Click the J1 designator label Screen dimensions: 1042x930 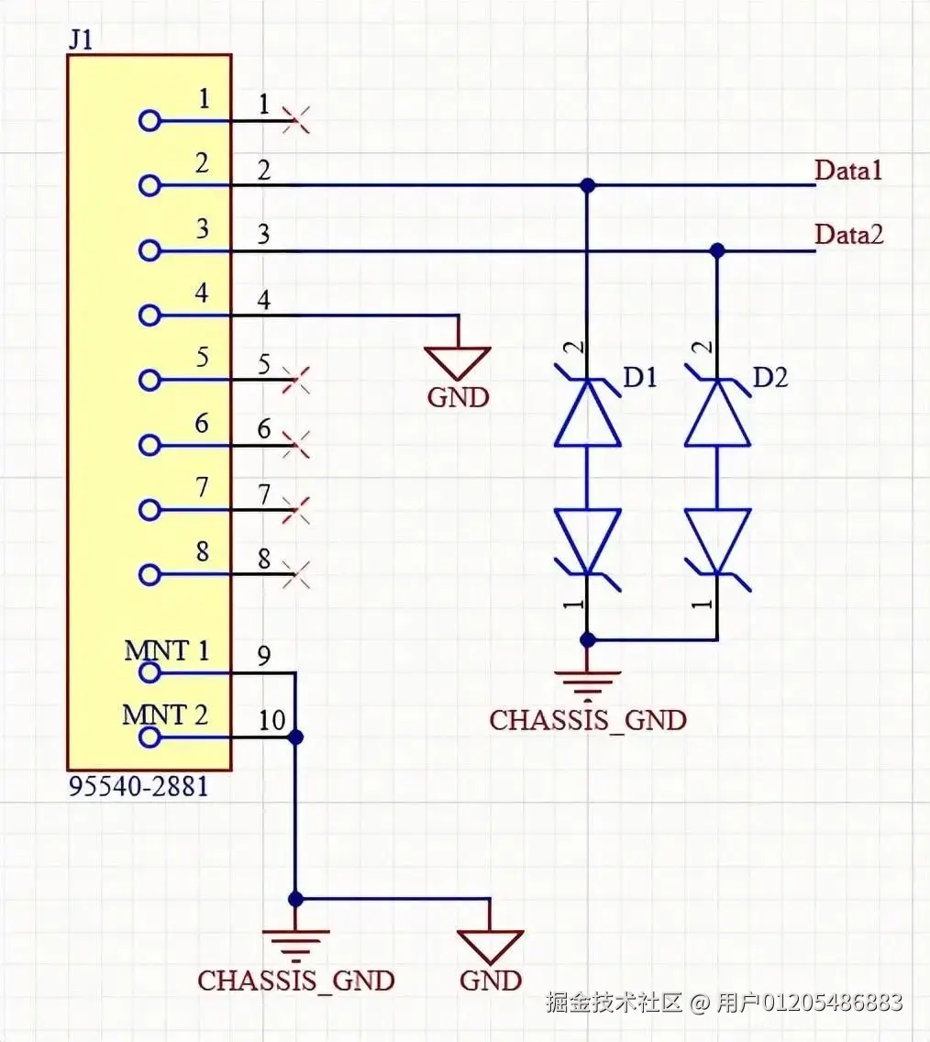point(80,40)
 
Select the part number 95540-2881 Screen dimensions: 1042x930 point(138,787)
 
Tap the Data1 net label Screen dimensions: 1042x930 point(848,170)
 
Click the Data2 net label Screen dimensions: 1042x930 point(849,235)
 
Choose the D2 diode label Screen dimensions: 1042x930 point(769,376)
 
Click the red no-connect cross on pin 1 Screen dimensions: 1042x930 point(295,119)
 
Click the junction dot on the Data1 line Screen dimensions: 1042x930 point(588,185)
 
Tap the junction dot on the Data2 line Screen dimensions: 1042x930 point(717,249)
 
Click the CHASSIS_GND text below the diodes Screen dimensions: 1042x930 point(587,720)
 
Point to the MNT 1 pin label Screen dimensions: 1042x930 point(166,651)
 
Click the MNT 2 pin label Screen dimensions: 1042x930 point(166,715)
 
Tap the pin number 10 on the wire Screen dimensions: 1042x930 point(271,721)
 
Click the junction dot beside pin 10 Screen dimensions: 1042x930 point(295,737)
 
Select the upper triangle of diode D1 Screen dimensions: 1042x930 point(588,415)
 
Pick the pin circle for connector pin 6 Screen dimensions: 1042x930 point(149,445)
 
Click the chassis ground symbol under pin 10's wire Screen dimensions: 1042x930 point(295,941)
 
